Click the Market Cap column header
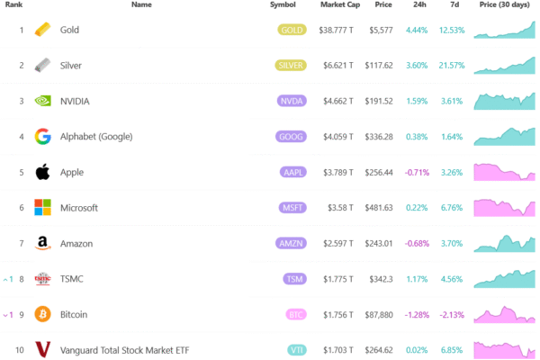click(x=339, y=5)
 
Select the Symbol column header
click(x=283, y=5)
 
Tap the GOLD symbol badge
click(x=292, y=30)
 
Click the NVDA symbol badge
click(x=292, y=101)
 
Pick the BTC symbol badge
click(x=296, y=314)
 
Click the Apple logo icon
click(x=42, y=172)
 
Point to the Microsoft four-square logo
click(x=42, y=208)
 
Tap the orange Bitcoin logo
click(x=42, y=314)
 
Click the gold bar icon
click(x=42, y=30)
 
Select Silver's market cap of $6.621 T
click(x=338, y=66)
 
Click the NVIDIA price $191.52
click(x=377, y=101)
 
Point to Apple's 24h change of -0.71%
click(x=418, y=172)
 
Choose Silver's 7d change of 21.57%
click(x=451, y=66)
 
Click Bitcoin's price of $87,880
click(x=377, y=314)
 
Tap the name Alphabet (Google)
click(x=96, y=137)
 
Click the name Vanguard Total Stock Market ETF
click(x=124, y=349)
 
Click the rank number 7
click(x=21, y=243)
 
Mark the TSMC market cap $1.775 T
click(x=338, y=279)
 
